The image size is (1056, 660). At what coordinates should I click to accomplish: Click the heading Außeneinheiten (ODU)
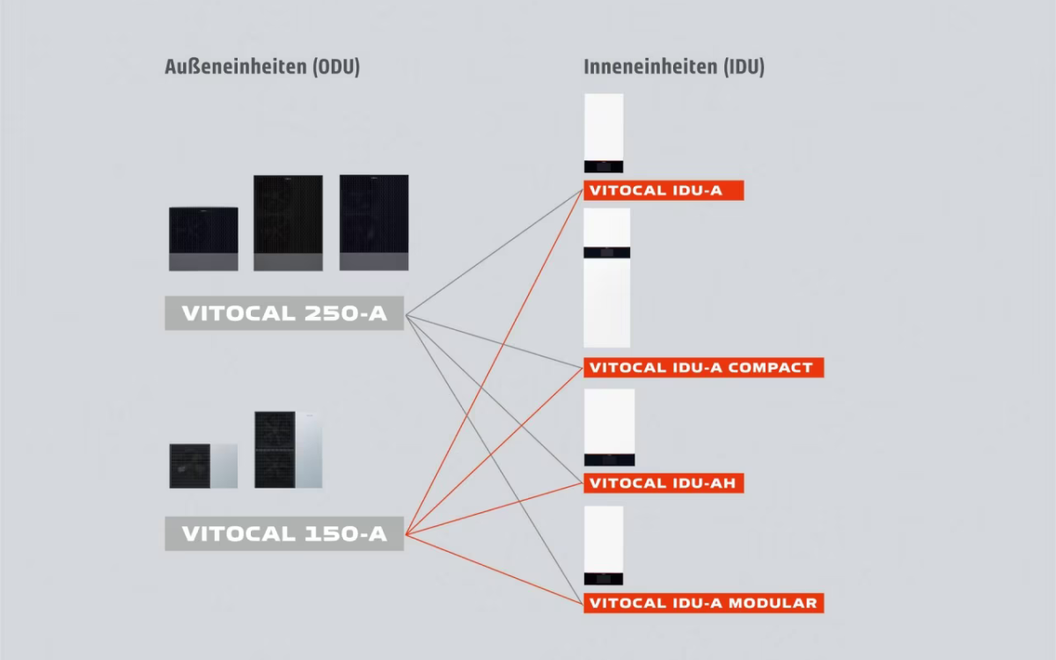pos(262,68)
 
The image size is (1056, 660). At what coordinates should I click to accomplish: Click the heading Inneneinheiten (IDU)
pos(673,68)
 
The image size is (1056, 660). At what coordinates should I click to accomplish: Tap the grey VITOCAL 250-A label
pos(283,313)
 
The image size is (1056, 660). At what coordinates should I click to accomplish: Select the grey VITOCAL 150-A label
pos(283,533)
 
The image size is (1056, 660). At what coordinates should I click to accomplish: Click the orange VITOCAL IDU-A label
pos(663,190)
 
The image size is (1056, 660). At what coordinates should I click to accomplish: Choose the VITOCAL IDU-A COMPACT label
pos(702,367)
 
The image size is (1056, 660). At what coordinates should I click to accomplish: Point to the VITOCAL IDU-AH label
pos(663,483)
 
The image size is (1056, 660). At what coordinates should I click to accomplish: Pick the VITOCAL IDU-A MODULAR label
pos(702,603)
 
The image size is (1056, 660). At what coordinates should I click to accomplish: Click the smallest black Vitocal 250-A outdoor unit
pos(203,238)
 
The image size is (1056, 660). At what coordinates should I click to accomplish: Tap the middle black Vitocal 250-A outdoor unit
pos(288,223)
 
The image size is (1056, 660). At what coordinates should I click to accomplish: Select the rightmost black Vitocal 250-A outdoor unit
pos(374,223)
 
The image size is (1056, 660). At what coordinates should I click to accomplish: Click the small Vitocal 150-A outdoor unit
pos(203,466)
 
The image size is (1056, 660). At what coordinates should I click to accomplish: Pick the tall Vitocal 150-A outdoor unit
pos(288,450)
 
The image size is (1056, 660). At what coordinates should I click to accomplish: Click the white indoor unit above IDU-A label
pos(604,133)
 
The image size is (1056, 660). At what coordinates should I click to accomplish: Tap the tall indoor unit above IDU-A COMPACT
pos(606,277)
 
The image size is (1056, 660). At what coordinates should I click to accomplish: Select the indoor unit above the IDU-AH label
pos(609,428)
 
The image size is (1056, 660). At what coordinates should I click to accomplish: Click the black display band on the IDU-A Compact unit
pos(606,252)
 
